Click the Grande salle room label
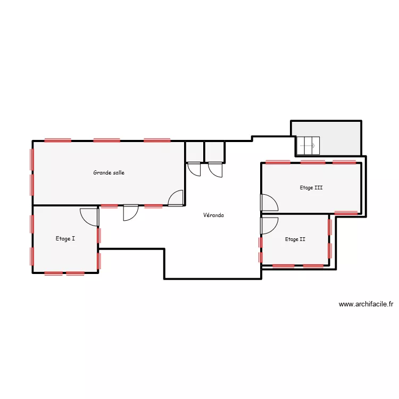(109, 172)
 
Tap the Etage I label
(65, 239)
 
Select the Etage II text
(295, 239)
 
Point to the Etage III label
(311, 187)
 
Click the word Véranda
(213, 215)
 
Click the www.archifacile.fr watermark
(366, 304)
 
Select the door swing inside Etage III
(268, 203)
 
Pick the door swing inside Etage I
(89, 216)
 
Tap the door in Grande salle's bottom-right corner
(176, 198)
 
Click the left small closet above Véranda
(194, 151)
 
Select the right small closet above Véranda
(214, 151)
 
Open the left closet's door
(194, 169)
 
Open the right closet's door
(215, 169)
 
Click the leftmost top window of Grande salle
(58, 140)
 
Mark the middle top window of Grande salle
(107, 140)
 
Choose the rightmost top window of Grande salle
(157, 140)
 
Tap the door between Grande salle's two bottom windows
(130, 212)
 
